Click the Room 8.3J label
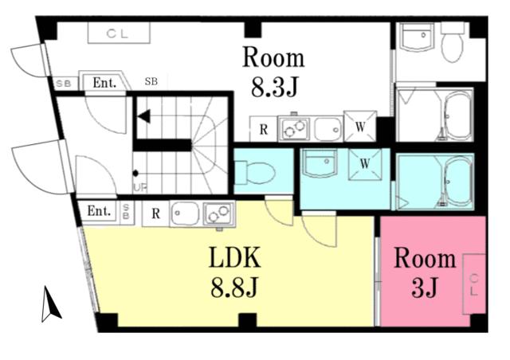tap(273, 72)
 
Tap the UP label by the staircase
tap(139, 188)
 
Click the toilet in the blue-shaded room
tap(256, 170)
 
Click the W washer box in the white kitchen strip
tap(359, 127)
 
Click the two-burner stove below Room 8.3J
tap(292, 127)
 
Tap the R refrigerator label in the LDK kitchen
tap(156, 213)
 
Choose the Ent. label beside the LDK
tap(98, 211)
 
